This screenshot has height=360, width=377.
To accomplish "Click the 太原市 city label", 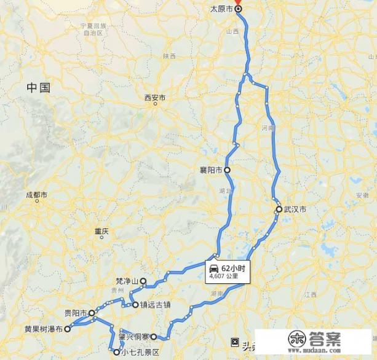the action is click(222, 9).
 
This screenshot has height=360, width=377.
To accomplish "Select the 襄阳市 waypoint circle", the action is click(227, 170).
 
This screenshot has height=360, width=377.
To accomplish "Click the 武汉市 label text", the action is click(295, 209).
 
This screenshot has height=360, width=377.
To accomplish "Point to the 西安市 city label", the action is click(155, 97).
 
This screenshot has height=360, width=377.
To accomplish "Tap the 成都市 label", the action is click(36, 195).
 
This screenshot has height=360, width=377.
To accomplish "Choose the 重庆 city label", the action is click(101, 232).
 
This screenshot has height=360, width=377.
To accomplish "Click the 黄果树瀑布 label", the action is click(43, 329).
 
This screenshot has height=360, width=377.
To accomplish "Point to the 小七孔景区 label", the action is click(140, 353).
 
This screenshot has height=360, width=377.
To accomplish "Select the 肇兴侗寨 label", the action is click(135, 337).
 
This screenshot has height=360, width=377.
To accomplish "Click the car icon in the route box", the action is click(213, 269).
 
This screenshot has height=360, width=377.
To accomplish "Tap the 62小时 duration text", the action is click(233, 268).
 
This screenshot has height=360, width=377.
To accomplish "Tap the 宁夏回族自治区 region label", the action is click(93, 29).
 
